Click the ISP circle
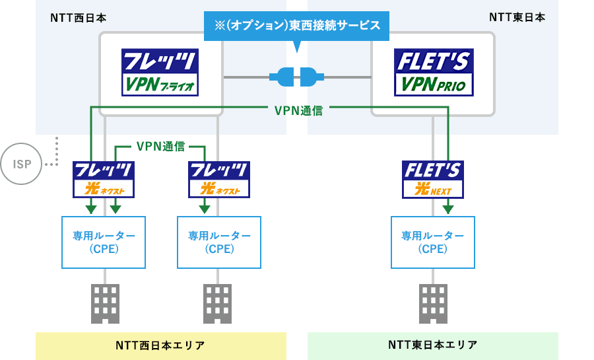click(x=22, y=163)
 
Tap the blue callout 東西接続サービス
click(x=296, y=26)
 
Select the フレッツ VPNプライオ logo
click(x=160, y=73)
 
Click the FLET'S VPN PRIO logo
click(x=432, y=73)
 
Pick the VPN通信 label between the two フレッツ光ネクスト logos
click(x=160, y=146)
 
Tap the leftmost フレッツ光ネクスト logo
click(x=104, y=179)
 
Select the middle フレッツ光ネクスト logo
click(x=218, y=179)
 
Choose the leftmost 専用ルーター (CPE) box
click(x=104, y=242)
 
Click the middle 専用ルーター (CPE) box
click(x=218, y=242)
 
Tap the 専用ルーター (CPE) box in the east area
click(x=433, y=242)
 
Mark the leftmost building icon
click(x=104, y=303)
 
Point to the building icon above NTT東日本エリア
click(x=433, y=303)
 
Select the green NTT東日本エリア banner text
click(x=433, y=345)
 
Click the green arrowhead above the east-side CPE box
click(x=448, y=209)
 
